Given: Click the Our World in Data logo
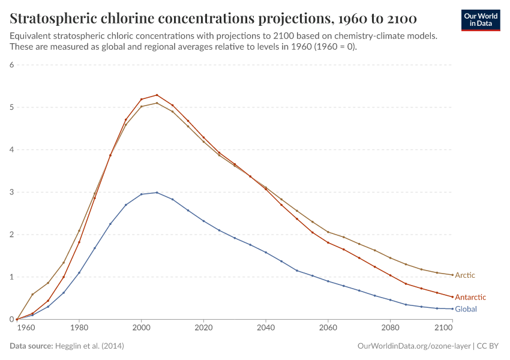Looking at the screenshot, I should (x=480, y=20).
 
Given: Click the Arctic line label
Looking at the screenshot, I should (x=465, y=275).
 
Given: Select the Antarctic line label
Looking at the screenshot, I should (x=470, y=297).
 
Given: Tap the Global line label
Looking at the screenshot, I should (x=466, y=309).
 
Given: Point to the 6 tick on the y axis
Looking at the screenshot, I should (x=11, y=65).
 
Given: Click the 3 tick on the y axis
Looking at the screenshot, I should (x=11, y=193).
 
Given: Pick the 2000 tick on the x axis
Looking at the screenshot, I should (x=141, y=328).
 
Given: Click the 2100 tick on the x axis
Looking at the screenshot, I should (x=443, y=328).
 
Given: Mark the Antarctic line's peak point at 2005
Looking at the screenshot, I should (x=157, y=95).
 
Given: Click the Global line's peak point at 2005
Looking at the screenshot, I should (x=157, y=193).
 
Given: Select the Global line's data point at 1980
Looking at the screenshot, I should (x=79, y=273).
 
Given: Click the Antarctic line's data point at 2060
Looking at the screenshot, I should (x=328, y=242).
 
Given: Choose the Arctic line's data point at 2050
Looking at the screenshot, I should (x=296, y=211).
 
